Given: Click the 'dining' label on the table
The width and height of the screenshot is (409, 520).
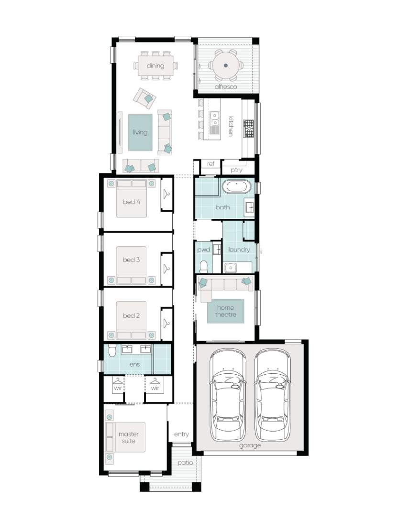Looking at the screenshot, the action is coord(155,65).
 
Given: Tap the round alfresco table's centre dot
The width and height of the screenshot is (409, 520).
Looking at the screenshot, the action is coord(226,65).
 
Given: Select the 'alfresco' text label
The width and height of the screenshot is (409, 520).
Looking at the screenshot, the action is coord(226,87).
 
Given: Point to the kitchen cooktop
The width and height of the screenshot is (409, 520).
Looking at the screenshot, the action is coord(248,129).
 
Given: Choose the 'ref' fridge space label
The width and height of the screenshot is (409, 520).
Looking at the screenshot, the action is coord(211,164).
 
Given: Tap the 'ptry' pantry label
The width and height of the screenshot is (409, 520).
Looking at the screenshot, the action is coord(236,170).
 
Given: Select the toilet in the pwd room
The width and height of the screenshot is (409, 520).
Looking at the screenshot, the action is coord(204,266).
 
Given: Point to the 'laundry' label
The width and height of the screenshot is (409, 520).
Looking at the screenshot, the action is coord(239,249).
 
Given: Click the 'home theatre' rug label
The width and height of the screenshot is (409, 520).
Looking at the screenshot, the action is coord(226,311).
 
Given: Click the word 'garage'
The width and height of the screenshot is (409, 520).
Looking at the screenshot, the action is coord(250,446).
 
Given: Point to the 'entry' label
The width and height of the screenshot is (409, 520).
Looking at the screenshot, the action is coord(181,434).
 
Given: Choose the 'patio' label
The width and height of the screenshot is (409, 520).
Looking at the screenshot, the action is coord(185,462).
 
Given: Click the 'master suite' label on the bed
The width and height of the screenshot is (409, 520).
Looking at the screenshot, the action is coord(129,437).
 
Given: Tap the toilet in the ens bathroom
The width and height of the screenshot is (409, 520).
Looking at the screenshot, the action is coord(112,351).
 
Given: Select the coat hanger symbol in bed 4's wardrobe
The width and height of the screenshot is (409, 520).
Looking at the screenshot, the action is coord(166,194).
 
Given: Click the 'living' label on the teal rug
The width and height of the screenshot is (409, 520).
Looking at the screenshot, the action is coord(140,132).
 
